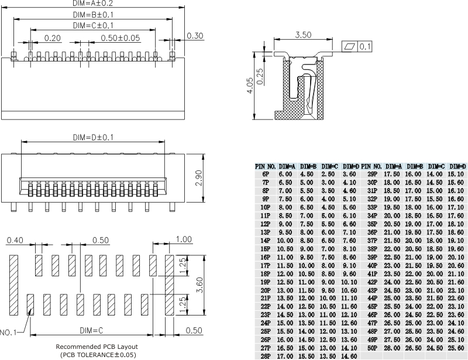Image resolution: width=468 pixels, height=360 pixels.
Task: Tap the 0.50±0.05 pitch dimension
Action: coord(121,38)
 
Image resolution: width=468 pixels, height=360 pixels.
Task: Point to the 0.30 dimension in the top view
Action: coord(195,36)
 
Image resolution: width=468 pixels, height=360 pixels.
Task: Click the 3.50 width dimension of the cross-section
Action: coord(303,35)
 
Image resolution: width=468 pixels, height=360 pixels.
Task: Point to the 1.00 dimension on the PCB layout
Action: coord(184,239)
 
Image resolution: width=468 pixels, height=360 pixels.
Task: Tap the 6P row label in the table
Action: coord(266,174)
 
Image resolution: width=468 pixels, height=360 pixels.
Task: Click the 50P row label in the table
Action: coord(372,347)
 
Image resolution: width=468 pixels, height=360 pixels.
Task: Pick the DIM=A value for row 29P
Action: coord(391,174)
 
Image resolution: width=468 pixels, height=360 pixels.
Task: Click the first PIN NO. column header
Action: coord(266,166)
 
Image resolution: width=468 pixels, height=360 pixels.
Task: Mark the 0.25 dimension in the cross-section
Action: coord(260,77)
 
